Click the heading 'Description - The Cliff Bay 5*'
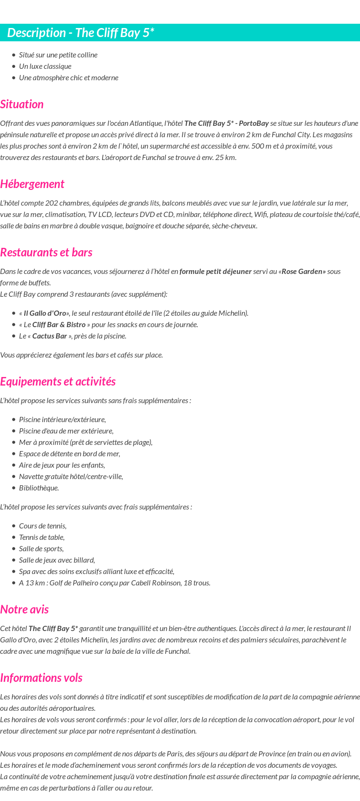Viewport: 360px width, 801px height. [81, 33]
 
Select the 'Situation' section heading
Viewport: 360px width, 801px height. [22, 104]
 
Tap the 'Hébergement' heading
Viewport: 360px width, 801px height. [32, 184]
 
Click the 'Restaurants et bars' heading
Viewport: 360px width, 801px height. [46, 252]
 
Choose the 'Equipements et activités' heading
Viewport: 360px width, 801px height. [57, 381]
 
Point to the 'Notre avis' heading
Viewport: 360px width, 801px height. [24, 609]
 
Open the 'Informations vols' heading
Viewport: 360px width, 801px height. [41, 678]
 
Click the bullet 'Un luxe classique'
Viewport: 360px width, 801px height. [45, 66]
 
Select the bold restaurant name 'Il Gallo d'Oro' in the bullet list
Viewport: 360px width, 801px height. [45, 313]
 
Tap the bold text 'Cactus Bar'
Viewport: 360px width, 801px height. [50, 336]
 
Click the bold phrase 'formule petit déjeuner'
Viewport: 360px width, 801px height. [215, 271]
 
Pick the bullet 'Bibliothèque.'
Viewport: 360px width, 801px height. [39, 488]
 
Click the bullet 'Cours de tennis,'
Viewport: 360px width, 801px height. [43, 526]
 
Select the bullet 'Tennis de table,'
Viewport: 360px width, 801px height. [42, 537]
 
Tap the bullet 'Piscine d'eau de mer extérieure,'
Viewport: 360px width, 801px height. [66, 431]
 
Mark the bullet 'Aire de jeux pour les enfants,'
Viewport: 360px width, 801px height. [62, 465]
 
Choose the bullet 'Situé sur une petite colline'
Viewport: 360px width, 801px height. [58, 55]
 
